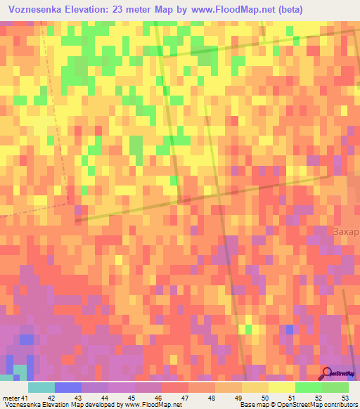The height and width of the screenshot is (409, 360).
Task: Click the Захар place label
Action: click(x=345, y=232)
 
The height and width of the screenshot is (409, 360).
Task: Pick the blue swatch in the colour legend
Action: click(x=67, y=387)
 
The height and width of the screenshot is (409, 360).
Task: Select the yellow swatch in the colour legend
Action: click(x=281, y=387)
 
